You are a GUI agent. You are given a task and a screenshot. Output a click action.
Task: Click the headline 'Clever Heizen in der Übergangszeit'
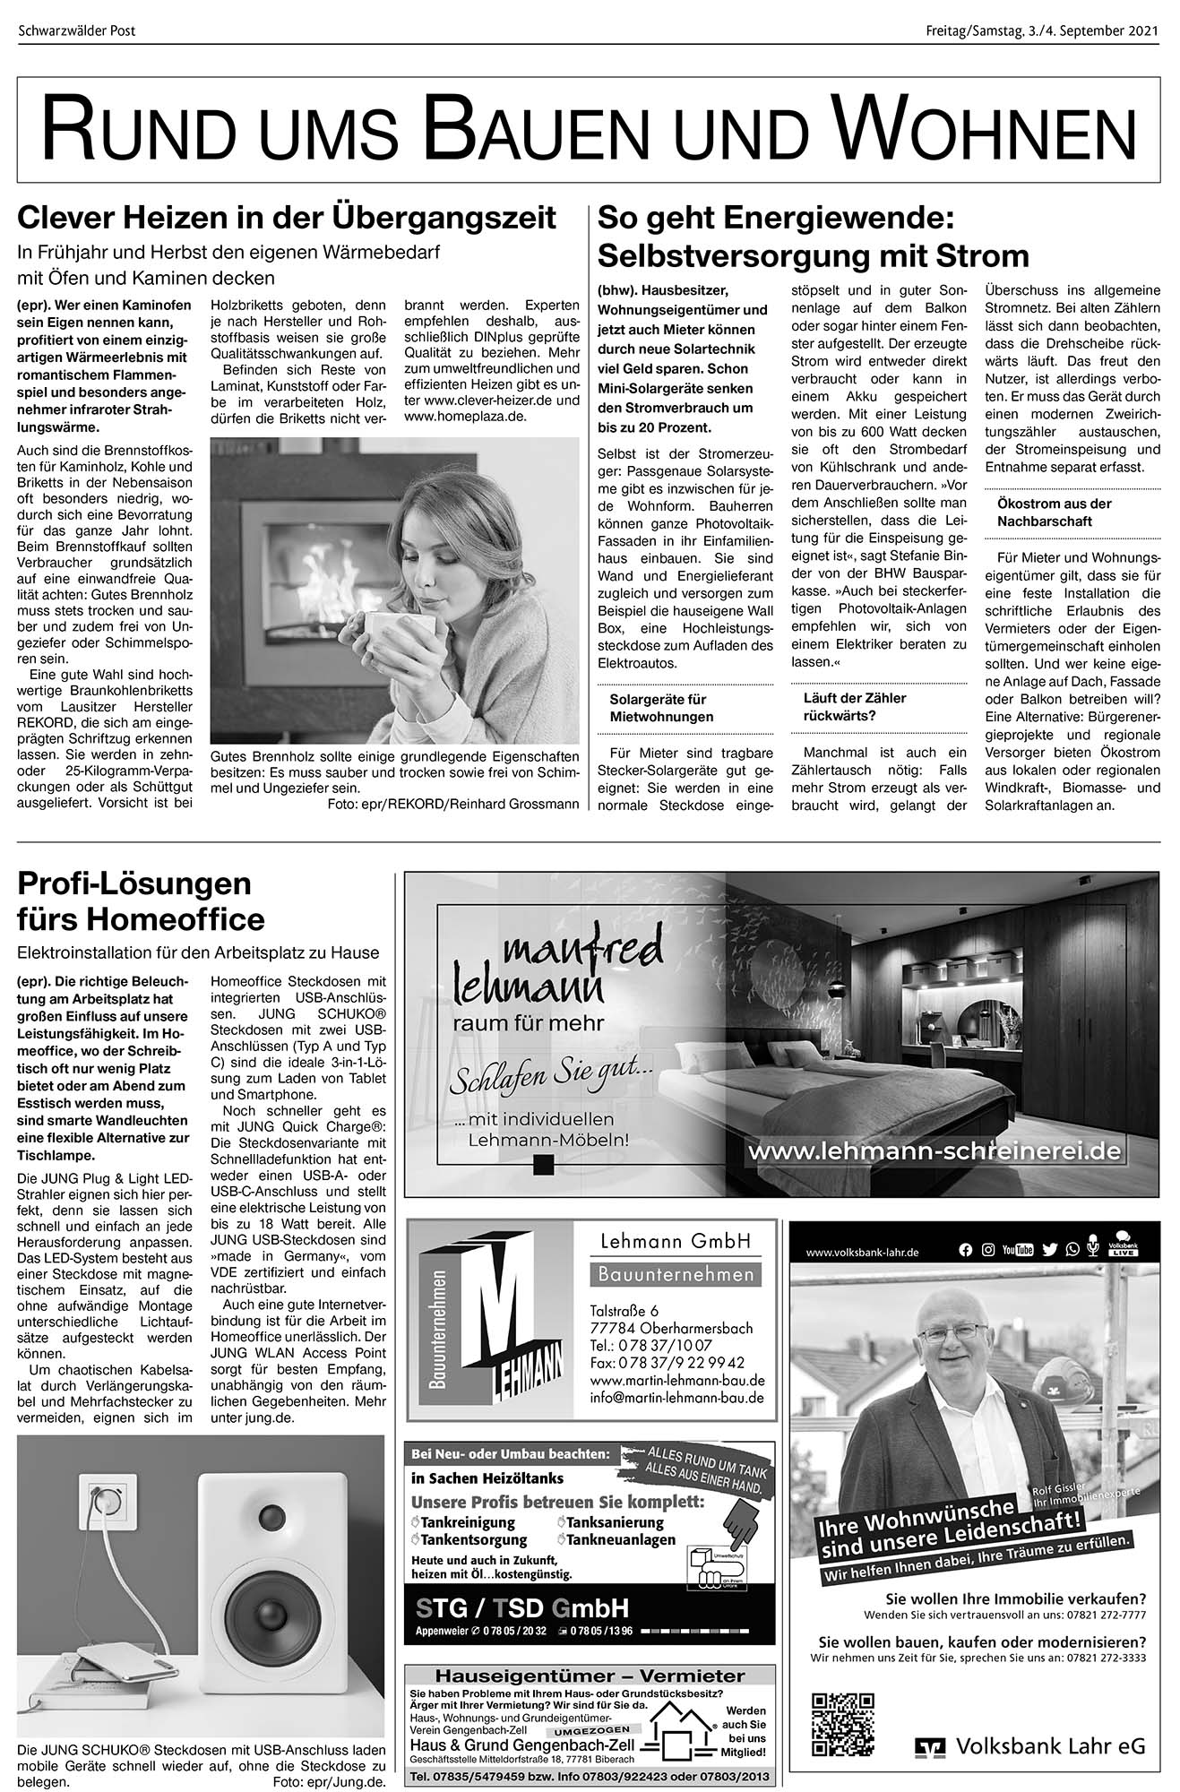pos(287,218)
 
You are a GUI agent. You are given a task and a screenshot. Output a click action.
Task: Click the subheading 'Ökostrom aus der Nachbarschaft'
pos(1054,512)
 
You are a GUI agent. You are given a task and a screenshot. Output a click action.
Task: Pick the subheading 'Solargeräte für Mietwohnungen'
pos(661,708)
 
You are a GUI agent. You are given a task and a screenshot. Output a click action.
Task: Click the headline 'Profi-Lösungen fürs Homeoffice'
pos(142,901)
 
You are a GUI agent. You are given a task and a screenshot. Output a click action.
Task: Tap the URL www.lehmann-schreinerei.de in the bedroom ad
pos(934,1151)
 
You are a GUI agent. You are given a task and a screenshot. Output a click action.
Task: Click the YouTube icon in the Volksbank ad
pos(1018,1250)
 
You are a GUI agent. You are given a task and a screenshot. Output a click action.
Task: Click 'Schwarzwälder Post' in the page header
pos(76,32)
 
